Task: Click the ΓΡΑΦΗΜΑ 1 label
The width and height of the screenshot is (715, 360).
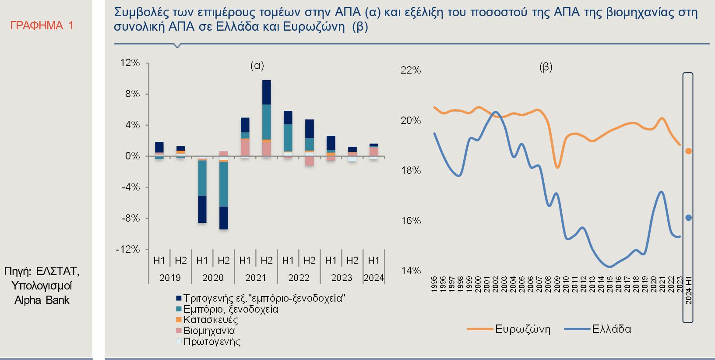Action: (42, 26)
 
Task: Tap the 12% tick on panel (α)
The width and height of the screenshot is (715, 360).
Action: (130, 63)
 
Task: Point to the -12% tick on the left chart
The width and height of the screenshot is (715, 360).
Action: (128, 250)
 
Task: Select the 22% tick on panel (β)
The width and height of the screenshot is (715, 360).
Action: (410, 70)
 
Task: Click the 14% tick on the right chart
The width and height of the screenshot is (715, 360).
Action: (410, 271)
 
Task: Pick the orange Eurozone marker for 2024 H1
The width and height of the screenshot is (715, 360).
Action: (688, 151)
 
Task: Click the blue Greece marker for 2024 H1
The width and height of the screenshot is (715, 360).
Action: (688, 218)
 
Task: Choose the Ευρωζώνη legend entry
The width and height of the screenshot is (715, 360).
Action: (522, 329)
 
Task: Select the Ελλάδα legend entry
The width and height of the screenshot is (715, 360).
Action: (611, 329)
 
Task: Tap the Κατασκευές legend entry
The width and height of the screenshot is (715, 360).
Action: (211, 320)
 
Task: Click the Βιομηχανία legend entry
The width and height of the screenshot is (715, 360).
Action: (209, 331)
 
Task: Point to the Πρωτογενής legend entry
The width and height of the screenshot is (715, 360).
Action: (212, 342)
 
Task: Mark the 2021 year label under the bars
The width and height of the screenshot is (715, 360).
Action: (256, 278)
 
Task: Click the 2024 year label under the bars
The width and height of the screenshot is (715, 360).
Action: (373, 278)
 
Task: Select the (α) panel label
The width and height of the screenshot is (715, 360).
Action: (257, 66)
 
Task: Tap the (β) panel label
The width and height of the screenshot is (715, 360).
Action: (546, 67)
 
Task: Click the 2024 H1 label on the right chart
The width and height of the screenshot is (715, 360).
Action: (688, 290)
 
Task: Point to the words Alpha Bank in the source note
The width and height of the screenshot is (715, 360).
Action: (42, 300)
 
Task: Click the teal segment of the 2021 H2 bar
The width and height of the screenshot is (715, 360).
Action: (266, 122)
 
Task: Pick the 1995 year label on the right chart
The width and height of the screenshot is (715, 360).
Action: (434, 284)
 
